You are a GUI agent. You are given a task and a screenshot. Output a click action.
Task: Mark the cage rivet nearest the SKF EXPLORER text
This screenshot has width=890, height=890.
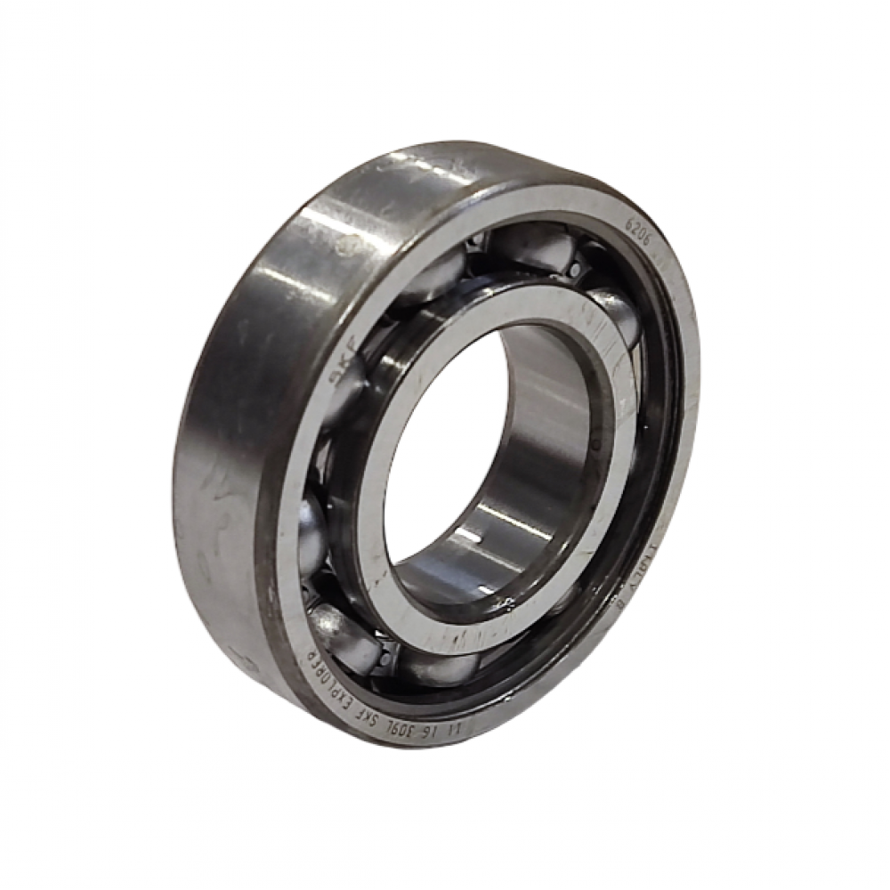coord(384,659)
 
